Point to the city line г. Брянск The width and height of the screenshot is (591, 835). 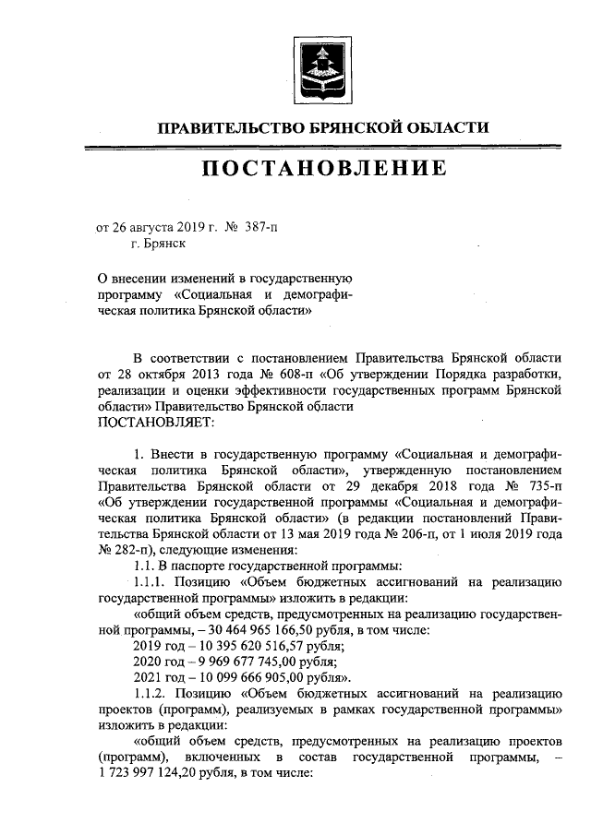pyautogui.click(x=158, y=244)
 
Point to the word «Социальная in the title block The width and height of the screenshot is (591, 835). pyautogui.click(x=215, y=295)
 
